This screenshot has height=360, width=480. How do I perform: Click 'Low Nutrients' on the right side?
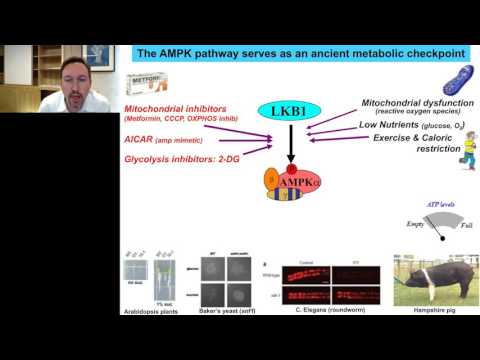[392, 125]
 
